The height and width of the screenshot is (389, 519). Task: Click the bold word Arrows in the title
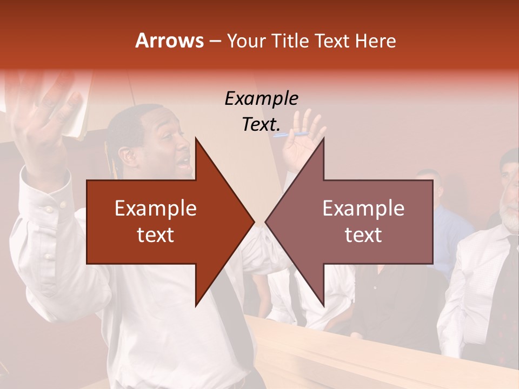click(x=169, y=41)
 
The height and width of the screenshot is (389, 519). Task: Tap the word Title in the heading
click(x=290, y=41)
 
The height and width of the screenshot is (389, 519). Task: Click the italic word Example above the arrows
click(x=261, y=98)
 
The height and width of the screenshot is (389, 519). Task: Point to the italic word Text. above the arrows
click(x=261, y=124)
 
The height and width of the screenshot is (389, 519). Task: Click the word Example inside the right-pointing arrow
click(x=156, y=209)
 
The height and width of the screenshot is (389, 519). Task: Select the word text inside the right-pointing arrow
click(x=156, y=235)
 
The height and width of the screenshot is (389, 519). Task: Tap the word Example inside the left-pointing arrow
click(x=363, y=209)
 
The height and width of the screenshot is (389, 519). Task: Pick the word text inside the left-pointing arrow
click(x=363, y=235)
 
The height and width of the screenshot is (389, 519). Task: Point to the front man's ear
click(x=129, y=157)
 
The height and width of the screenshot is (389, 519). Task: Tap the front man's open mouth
click(x=185, y=162)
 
